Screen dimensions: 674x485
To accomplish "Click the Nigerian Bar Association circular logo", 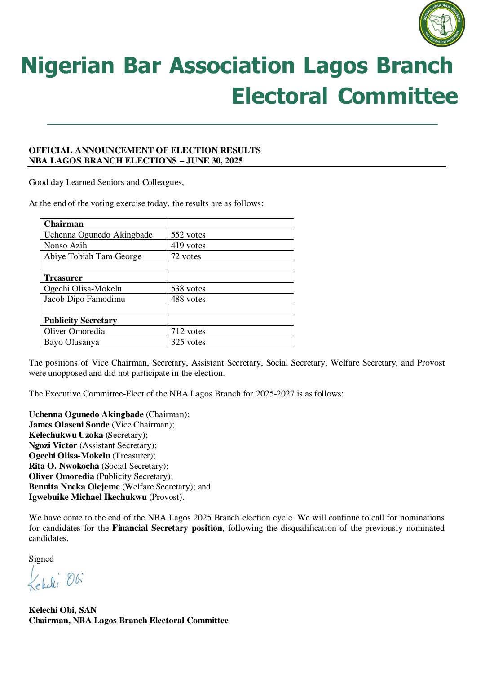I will click(x=441, y=24).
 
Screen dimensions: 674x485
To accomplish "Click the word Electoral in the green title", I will click(x=279, y=96).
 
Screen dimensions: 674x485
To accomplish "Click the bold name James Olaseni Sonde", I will click(x=69, y=425).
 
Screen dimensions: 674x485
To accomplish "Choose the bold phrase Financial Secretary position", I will click(x=167, y=528).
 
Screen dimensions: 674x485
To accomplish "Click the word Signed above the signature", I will click(x=41, y=559).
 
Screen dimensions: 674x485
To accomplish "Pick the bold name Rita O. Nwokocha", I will click(x=64, y=466).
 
